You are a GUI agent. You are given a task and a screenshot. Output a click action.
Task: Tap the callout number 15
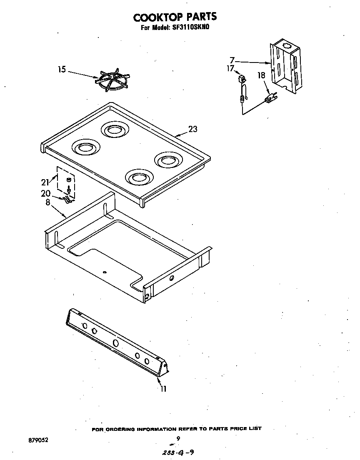point(62,70)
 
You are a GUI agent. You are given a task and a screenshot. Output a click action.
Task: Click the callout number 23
point(192,129)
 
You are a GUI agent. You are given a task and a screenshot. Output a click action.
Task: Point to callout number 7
point(232,60)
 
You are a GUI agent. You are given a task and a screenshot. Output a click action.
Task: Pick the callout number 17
point(230,69)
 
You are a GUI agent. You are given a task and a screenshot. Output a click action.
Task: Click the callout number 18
point(261,75)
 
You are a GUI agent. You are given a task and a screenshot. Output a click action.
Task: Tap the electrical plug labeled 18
point(270,99)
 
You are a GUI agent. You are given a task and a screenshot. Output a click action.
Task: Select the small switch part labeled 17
point(241,78)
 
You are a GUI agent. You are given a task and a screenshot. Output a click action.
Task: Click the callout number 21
point(45,182)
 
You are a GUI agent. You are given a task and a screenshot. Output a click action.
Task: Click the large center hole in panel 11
point(116,343)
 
